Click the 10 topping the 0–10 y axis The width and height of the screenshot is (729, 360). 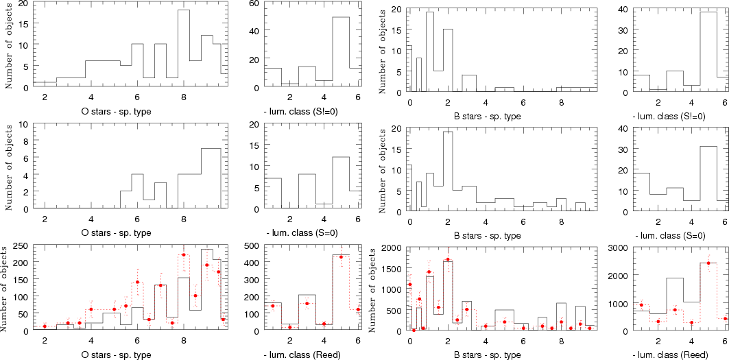[x=23, y=125]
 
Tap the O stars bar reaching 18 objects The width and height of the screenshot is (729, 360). [x=184, y=48]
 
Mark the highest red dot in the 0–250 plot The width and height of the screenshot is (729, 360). [x=184, y=255]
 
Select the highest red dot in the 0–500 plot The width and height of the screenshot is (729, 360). [x=341, y=257]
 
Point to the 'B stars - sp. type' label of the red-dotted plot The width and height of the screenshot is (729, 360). [x=488, y=355]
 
